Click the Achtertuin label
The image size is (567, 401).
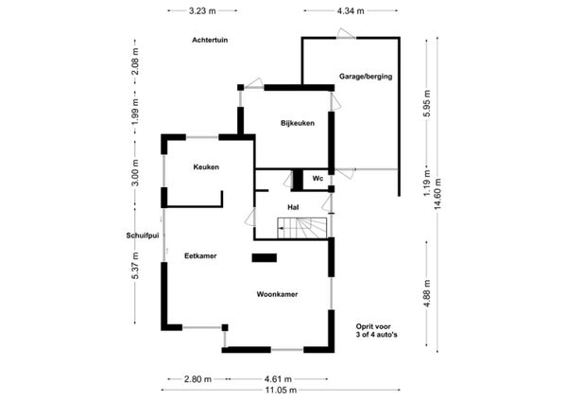210,40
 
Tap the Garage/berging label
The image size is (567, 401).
366,77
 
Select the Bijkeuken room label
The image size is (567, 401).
298,123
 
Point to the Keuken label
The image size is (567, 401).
206,166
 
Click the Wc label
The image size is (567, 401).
318,179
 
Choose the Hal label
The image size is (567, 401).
293,207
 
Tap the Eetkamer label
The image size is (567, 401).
200,256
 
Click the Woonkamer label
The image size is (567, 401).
277,294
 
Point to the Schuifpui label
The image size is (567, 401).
143,235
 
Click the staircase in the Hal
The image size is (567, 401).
302,228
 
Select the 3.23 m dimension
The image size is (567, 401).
202,10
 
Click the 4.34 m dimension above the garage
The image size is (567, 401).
351,10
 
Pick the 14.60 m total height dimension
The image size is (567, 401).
438,194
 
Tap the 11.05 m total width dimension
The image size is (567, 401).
281,390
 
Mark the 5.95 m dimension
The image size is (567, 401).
427,103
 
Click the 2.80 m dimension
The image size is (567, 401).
198,379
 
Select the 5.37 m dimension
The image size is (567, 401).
135,266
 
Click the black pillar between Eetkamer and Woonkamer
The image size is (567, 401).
265,257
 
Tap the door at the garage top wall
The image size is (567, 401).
346,34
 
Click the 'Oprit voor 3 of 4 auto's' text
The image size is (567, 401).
376,331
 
